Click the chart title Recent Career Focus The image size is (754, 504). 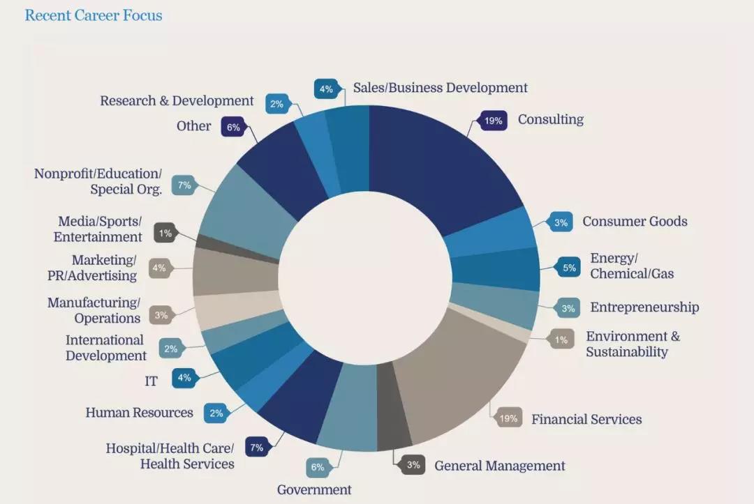(x=94, y=15)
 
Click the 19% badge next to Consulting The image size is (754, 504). (x=493, y=121)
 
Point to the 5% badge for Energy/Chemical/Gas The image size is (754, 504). (x=569, y=267)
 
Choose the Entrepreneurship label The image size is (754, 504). (x=644, y=307)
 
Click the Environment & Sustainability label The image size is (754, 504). (x=632, y=344)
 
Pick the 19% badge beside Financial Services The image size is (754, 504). (x=508, y=418)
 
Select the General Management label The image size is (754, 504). (x=499, y=466)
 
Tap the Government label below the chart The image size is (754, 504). (x=313, y=489)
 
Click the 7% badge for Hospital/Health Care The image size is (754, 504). (x=256, y=448)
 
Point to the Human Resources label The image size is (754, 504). (x=139, y=413)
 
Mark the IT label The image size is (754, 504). (x=151, y=381)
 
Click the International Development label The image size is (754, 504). (x=105, y=348)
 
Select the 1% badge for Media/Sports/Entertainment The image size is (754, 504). (x=165, y=234)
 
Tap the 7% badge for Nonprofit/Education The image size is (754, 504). (x=184, y=185)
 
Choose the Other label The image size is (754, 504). (x=193, y=126)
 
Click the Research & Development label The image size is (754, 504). (x=177, y=101)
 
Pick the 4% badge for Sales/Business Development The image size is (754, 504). (x=326, y=89)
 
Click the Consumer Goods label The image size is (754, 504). (x=635, y=222)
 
